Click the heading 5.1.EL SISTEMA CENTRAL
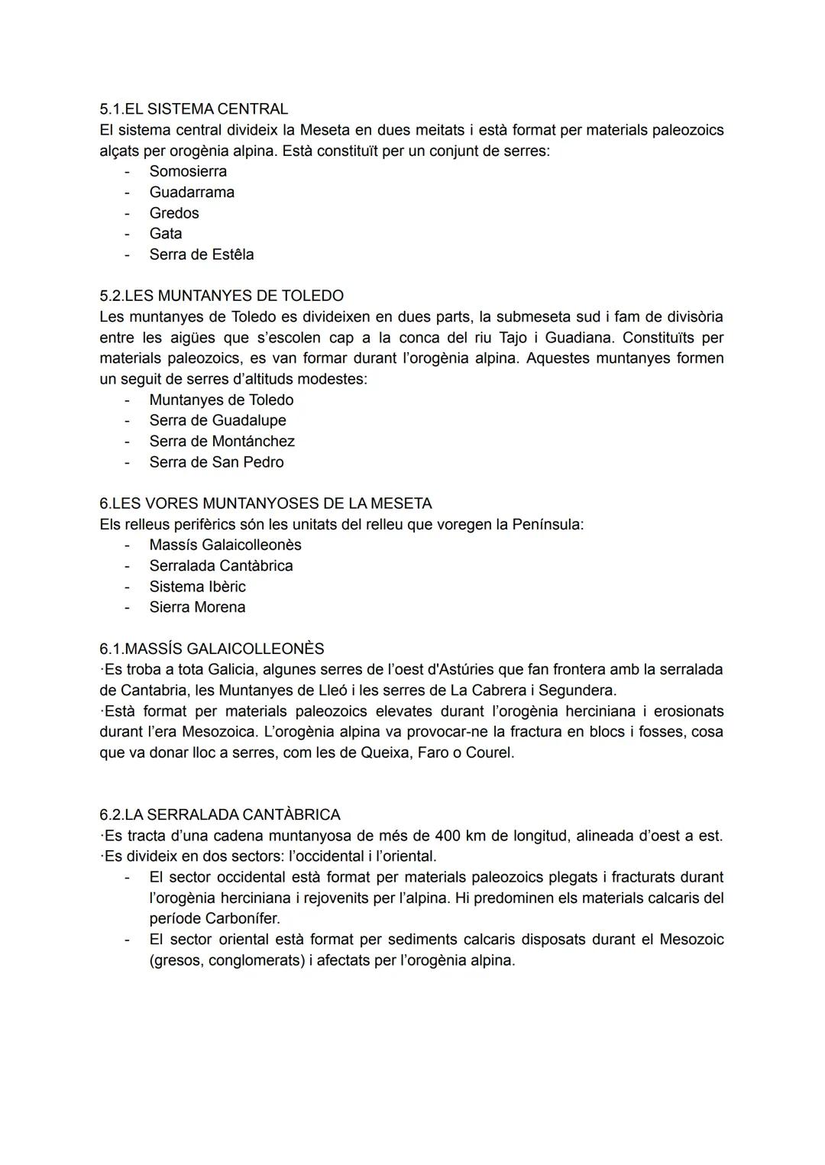pyautogui.click(x=193, y=109)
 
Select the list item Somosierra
pyautogui.click(x=188, y=171)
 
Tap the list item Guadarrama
pyautogui.click(x=192, y=192)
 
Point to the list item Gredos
pyautogui.click(x=174, y=213)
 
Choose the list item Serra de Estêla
pyautogui.click(x=202, y=254)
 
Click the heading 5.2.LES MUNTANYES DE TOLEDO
pyautogui.click(x=222, y=296)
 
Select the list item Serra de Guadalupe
pyautogui.click(x=218, y=420)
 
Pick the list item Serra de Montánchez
pyautogui.click(x=222, y=441)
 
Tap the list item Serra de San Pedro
pyautogui.click(x=216, y=462)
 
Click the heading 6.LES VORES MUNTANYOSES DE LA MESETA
pyautogui.click(x=265, y=503)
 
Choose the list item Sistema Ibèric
pyautogui.click(x=197, y=587)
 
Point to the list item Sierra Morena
pyautogui.click(x=197, y=607)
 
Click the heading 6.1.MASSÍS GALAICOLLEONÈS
pyautogui.click(x=212, y=649)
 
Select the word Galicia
pyautogui.click(x=231, y=669)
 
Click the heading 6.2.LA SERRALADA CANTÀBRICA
pyautogui.click(x=220, y=814)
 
